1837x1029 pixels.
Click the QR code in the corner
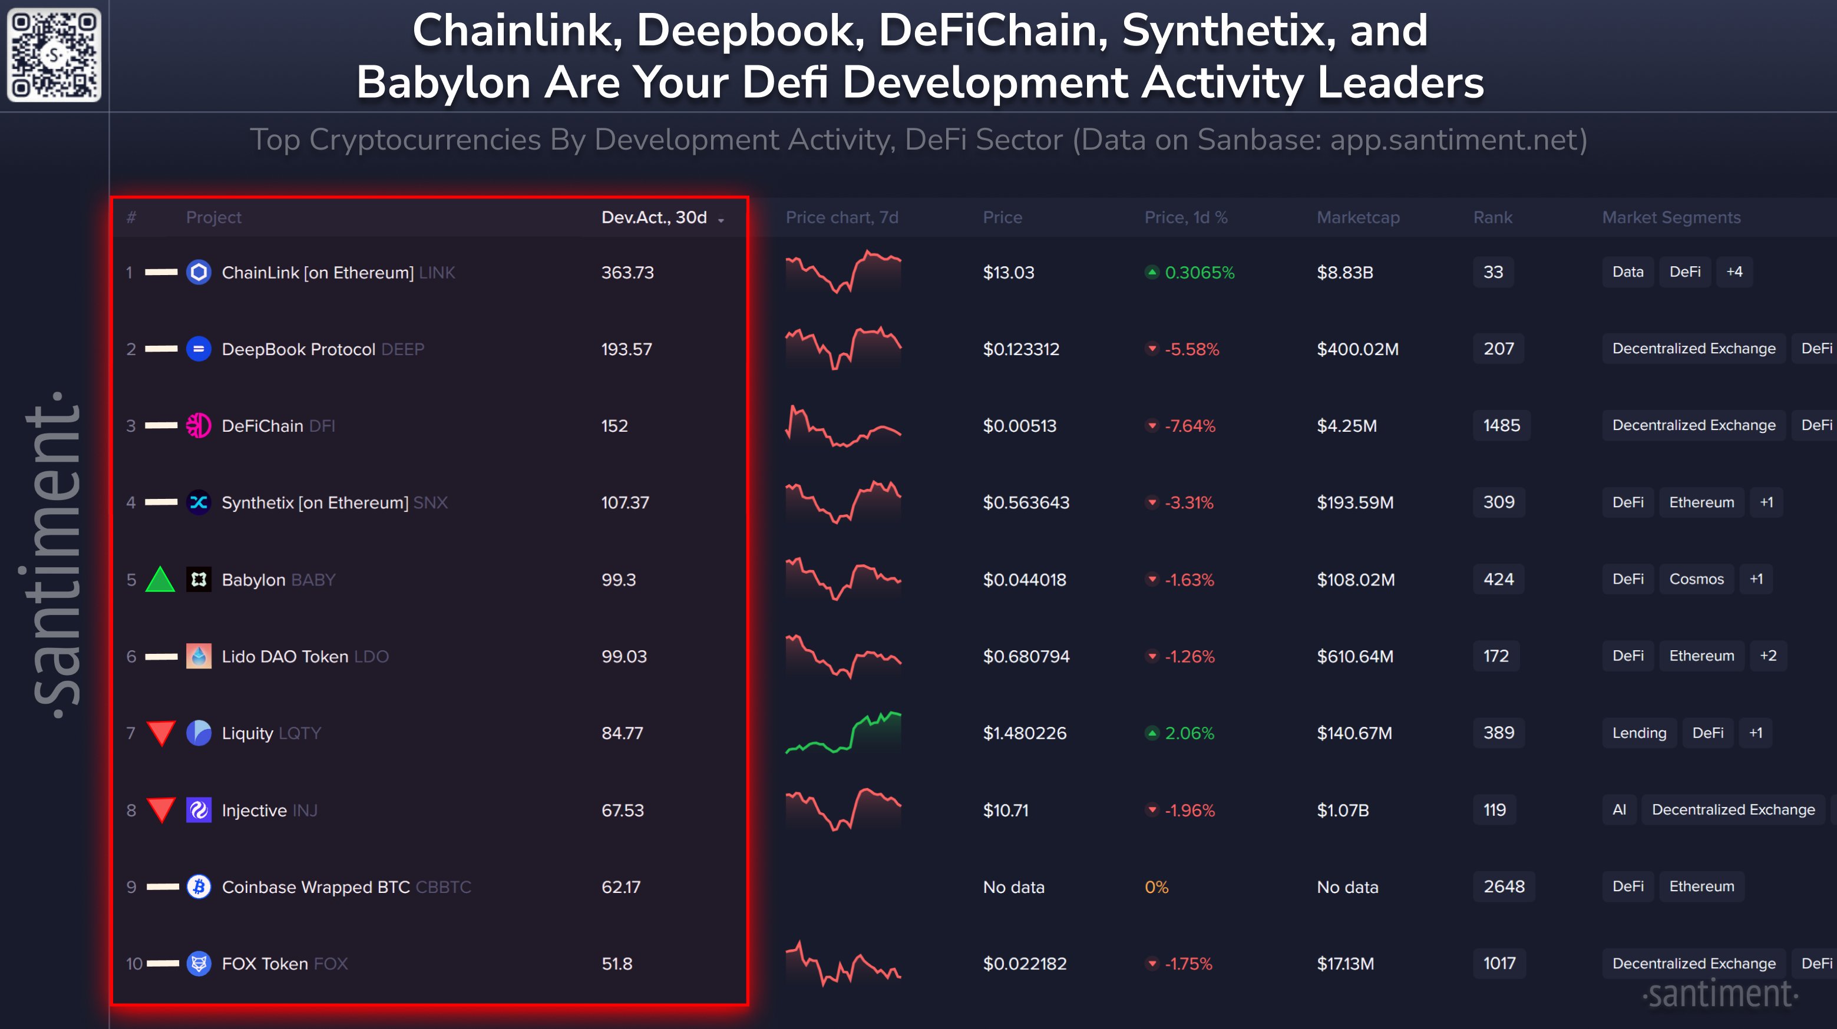[54, 54]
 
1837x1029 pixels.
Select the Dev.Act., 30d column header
[654, 217]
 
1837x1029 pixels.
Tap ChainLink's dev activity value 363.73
[627, 272]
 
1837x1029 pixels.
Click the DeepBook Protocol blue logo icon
[199, 349]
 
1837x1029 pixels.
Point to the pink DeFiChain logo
[199, 426]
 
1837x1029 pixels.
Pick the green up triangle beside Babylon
[160, 579]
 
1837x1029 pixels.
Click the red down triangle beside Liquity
[161, 732]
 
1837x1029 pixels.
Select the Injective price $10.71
[1006, 810]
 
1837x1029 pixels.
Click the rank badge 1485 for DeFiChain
[1501, 426]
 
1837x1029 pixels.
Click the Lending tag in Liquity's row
[1639, 732]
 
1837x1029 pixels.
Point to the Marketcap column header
[1358, 217]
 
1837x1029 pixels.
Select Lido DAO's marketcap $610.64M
[1355, 656]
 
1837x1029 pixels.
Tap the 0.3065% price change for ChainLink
[1199, 272]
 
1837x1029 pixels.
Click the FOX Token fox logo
[199, 964]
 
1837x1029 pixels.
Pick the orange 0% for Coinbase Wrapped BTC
[1156, 887]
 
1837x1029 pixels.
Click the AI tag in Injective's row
[1619, 809]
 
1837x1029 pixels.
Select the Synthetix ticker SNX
[431, 503]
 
